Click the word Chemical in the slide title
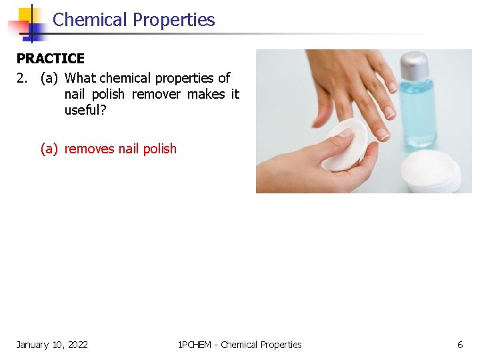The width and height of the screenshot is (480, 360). pos(90,20)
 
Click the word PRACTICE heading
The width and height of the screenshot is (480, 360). pos(51,59)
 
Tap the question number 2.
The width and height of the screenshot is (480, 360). pos(22,78)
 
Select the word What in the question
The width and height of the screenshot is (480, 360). pos(81,78)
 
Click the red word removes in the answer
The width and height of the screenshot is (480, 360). pos(89,149)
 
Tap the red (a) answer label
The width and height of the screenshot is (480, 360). pos(49,149)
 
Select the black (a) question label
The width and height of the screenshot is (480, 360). pos(49,78)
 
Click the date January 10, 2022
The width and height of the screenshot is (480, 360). pos(52,345)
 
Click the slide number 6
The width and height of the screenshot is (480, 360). pos(459,345)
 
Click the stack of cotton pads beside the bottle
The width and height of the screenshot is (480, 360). pos(430,172)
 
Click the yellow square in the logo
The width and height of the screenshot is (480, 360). pos(27,15)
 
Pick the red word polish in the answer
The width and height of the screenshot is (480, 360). pos(160,149)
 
